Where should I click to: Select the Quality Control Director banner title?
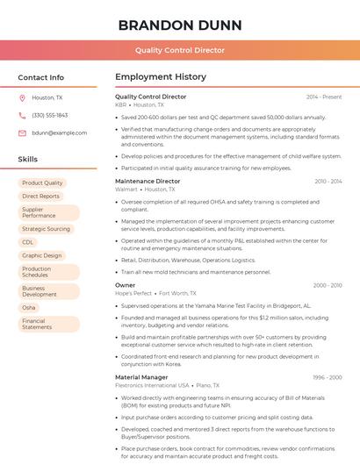coord(179,50)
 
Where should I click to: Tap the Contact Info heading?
coord(40,77)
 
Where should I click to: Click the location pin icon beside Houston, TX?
coord(22,98)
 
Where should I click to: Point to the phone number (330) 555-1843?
coord(49,115)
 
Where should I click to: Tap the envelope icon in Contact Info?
coord(22,132)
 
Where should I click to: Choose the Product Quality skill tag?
coord(42,182)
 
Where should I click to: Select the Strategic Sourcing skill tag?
coord(46,229)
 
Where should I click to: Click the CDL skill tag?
coord(28,242)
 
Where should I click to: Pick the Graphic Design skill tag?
coord(42,255)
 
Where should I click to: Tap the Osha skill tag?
coord(29,308)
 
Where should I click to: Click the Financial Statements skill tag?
coord(37,325)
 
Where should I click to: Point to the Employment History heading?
coord(161,77)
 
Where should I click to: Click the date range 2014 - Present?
coord(324,97)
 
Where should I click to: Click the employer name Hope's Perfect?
coord(133,293)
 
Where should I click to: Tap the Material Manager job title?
coord(141,376)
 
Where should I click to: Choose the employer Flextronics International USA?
coord(152,385)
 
